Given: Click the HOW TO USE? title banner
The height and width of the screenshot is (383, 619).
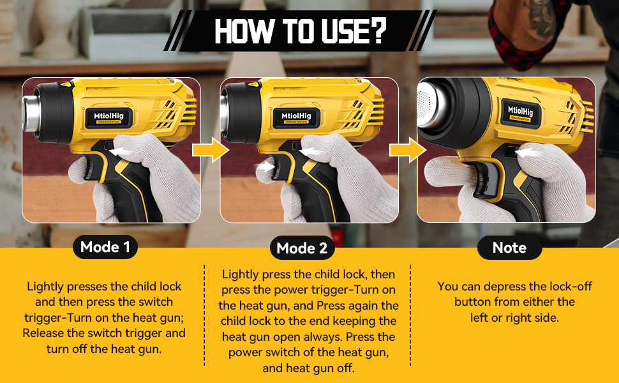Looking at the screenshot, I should tap(300, 30).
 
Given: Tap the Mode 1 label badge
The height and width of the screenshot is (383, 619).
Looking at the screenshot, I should tap(105, 247).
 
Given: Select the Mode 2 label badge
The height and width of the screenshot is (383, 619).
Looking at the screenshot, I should tap(302, 248).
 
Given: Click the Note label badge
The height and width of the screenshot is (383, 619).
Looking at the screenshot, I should tap(509, 248).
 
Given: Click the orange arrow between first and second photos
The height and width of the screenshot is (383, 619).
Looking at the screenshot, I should tap(210, 151).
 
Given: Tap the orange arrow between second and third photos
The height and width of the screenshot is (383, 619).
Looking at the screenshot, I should tap(407, 151).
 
